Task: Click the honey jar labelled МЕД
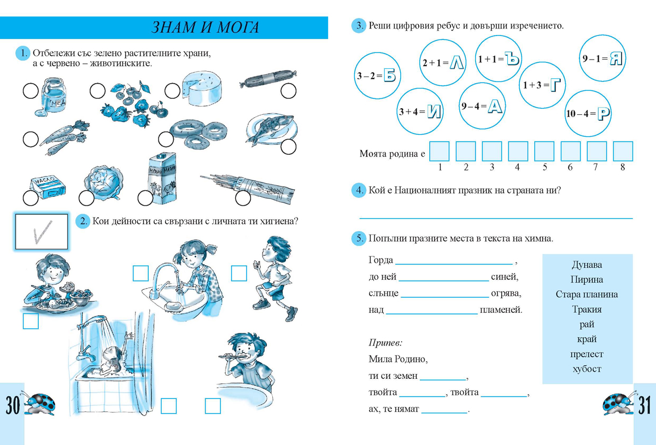52,96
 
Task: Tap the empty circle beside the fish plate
288,147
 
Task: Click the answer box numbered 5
544,151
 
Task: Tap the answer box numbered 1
440,151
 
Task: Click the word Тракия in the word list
587,309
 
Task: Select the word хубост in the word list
587,369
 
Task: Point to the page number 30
13,405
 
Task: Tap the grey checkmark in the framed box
43,232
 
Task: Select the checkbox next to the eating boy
31,321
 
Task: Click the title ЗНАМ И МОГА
205,27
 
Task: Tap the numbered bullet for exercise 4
359,190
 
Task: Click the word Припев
385,343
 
